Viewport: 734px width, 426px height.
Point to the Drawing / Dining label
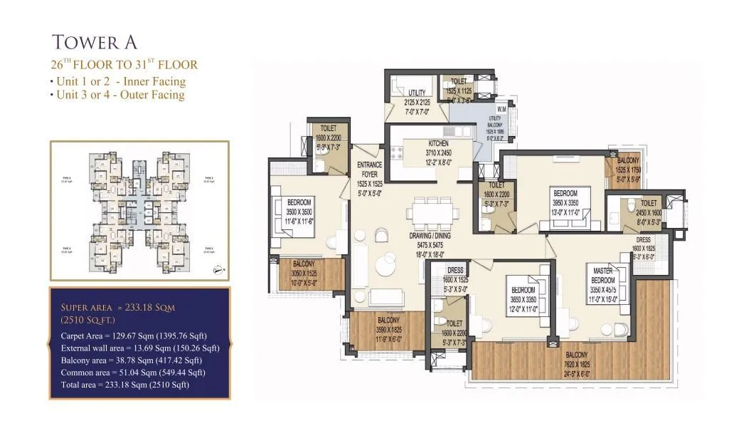pyautogui.click(x=427, y=236)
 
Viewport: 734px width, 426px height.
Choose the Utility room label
pyautogui.click(x=417, y=93)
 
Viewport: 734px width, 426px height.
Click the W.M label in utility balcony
pyautogui.click(x=501, y=109)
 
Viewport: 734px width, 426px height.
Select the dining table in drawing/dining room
pyautogui.click(x=430, y=212)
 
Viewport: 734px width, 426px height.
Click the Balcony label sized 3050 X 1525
pyautogui.click(x=307, y=264)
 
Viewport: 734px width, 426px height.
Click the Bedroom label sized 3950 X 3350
pyautogui.click(x=565, y=193)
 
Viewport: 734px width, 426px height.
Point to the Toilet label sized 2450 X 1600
pyautogui.click(x=648, y=204)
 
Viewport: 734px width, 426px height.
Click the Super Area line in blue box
pyautogui.click(x=118, y=307)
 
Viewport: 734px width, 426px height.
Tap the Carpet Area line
pyautogui.click(x=134, y=336)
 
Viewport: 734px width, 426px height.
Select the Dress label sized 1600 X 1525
pyautogui.click(x=455, y=271)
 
